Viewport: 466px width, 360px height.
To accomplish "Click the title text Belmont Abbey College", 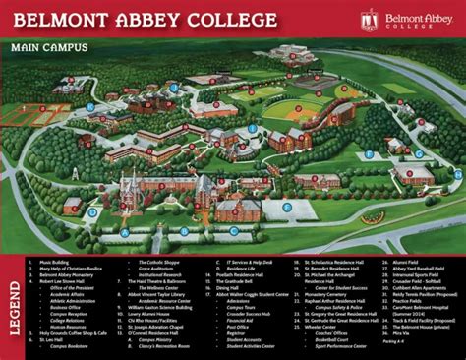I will (138, 19).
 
